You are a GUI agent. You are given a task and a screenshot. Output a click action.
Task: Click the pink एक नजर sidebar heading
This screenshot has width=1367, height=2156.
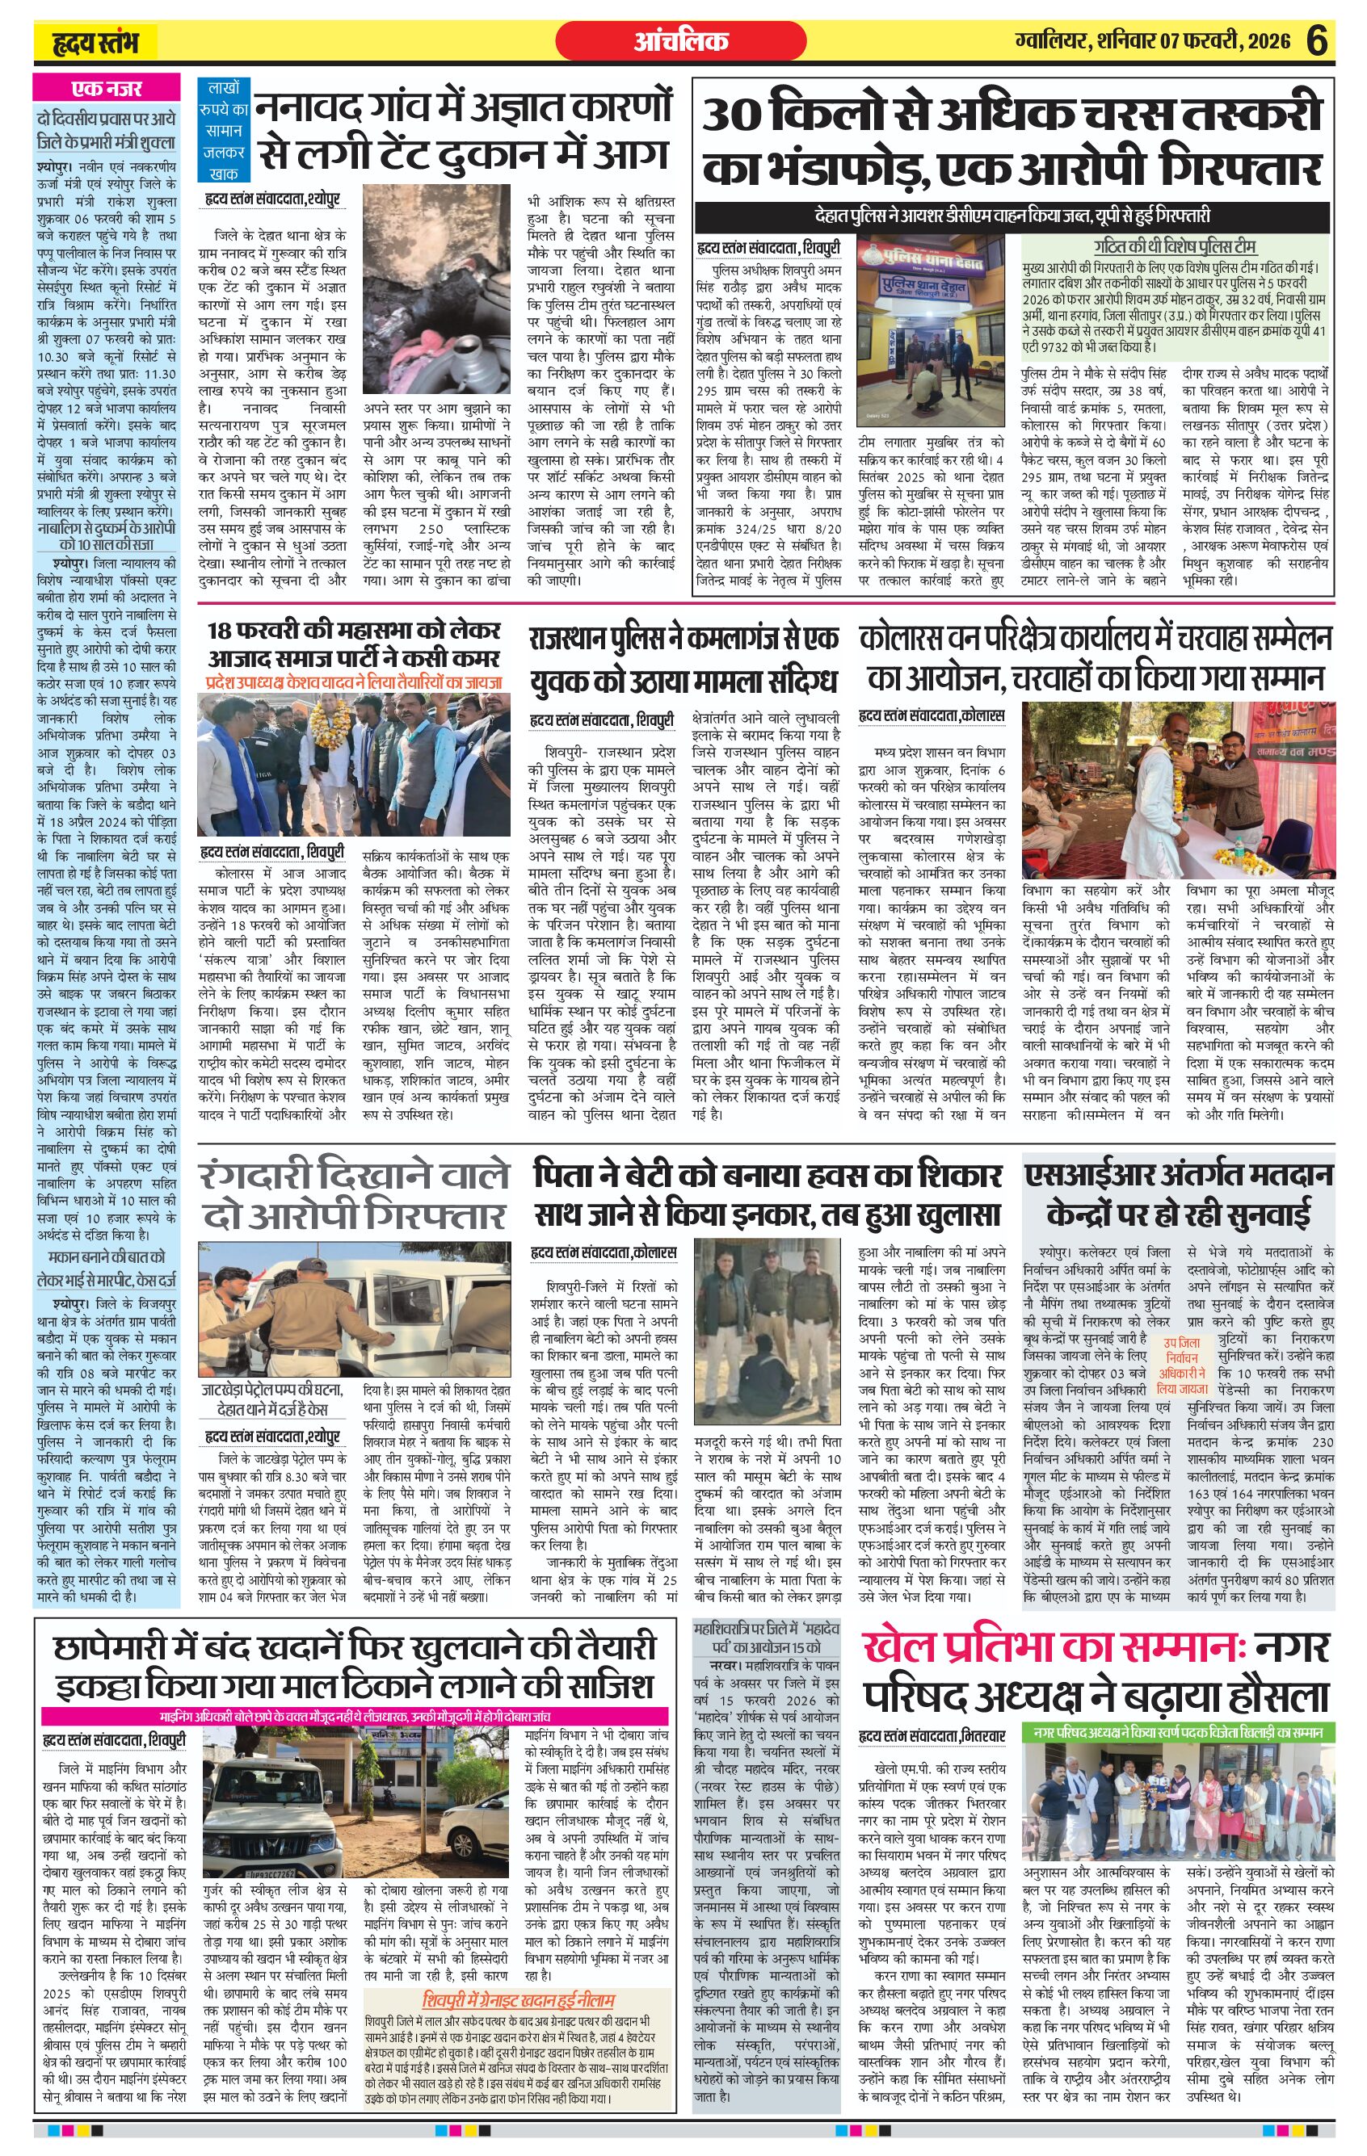107,88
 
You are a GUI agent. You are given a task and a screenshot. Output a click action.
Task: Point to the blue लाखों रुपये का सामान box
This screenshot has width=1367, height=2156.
223,130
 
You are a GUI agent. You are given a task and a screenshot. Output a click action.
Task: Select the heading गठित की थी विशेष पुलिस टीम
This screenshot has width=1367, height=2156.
1175,247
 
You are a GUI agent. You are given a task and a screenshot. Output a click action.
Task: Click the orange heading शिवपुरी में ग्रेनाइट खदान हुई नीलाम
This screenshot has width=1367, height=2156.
519,1944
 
